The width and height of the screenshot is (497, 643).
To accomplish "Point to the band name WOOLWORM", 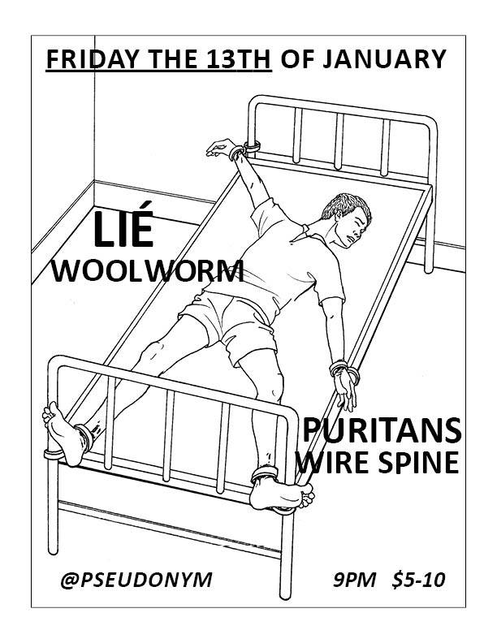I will click(148, 270).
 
